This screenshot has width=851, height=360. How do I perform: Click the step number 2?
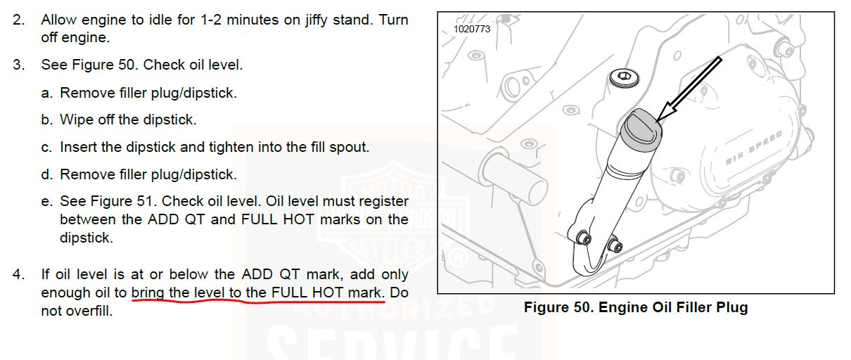(18, 20)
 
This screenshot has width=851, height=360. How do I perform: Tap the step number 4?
(18, 274)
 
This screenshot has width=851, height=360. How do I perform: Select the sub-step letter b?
(46, 120)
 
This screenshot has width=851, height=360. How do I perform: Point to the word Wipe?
(77, 120)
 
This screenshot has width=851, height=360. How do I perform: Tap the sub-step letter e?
(46, 202)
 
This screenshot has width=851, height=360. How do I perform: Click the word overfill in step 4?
(89, 311)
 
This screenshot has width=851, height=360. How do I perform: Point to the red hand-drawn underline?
(258, 302)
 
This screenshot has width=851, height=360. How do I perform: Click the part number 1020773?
(472, 30)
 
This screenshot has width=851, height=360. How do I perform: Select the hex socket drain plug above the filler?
(624, 78)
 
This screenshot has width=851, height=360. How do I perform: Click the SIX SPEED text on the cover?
(754, 148)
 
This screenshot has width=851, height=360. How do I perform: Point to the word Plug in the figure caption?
(732, 308)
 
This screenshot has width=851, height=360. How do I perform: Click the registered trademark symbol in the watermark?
(458, 259)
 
